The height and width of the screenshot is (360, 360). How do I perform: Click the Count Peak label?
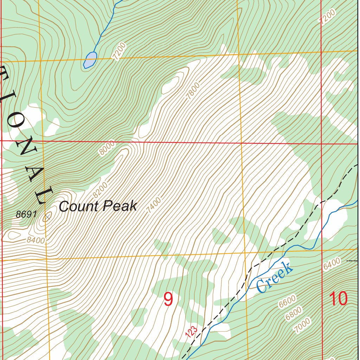(98, 206)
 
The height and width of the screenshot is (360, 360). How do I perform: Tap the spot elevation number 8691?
(26, 214)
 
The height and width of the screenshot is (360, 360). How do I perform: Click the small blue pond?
(90, 59)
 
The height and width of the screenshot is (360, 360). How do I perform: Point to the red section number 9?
(168, 300)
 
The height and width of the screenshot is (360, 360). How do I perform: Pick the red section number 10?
(338, 299)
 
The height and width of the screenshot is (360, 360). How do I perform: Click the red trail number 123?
(191, 332)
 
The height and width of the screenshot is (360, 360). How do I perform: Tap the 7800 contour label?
(193, 91)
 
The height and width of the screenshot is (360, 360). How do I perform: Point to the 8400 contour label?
(36, 240)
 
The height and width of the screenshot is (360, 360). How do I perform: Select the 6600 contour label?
(287, 302)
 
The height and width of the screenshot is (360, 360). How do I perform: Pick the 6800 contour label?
(294, 313)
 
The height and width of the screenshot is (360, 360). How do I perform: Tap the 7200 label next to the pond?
(118, 51)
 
